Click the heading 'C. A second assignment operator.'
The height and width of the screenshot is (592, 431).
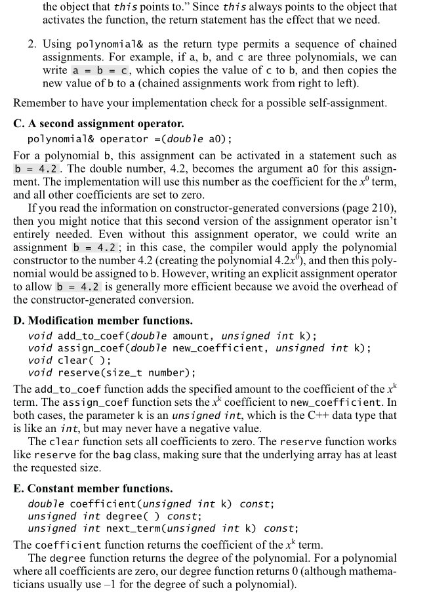[x=98, y=123]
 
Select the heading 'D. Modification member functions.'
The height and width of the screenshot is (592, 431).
[x=103, y=321]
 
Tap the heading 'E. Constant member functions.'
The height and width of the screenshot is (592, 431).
[x=93, y=488]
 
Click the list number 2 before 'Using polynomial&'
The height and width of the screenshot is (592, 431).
[x=32, y=44]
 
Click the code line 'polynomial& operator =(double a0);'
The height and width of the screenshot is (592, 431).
[x=129, y=139]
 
